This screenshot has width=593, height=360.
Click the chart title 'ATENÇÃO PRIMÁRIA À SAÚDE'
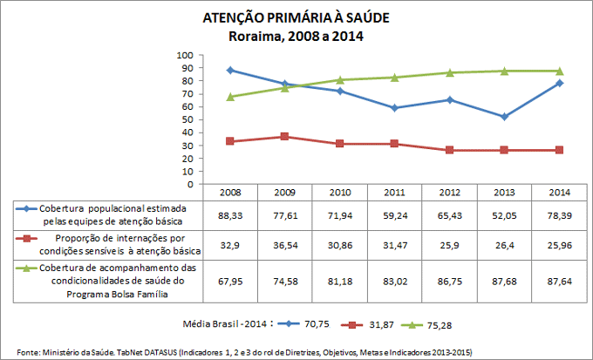click(x=296, y=17)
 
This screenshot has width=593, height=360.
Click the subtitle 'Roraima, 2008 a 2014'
click(x=296, y=37)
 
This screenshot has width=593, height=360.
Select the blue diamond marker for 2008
click(x=229, y=70)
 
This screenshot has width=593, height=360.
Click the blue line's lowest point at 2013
click(x=504, y=117)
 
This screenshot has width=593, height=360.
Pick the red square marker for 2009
click(x=284, y=137)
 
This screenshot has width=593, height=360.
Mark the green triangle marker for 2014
click(x=559, y=71)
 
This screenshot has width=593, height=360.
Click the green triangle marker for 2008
click(x=229, y=97)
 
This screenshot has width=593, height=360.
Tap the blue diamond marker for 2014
click(x=559, y=83)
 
